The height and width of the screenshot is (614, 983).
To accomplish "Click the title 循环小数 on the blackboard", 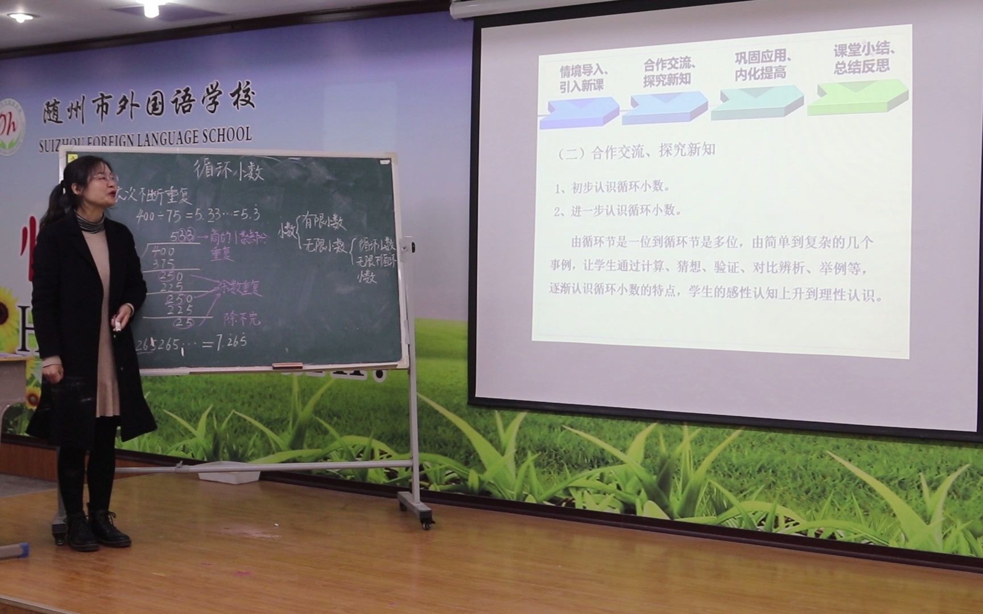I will [229, 169].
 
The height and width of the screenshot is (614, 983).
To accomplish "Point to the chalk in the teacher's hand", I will [117, 325].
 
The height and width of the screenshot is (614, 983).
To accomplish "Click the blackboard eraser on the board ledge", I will [287, 365].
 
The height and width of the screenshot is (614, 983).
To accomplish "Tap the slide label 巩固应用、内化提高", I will [763, 65].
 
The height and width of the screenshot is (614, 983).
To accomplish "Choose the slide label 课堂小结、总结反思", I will [863, 59].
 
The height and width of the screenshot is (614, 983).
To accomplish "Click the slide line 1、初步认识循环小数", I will [613, 187].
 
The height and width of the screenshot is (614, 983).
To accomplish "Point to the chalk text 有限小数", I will [323, 221].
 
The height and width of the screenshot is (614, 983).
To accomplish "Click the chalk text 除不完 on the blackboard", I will [241, 319].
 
